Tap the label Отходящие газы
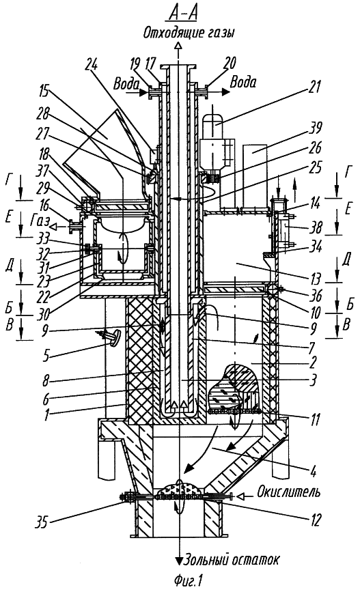tap(189, 33)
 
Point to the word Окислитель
tap(288, 492)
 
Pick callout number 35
tap(42, 522)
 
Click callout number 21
tap(313, 88)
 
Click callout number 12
tap(314, 520)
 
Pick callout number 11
tap(314, 419)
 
